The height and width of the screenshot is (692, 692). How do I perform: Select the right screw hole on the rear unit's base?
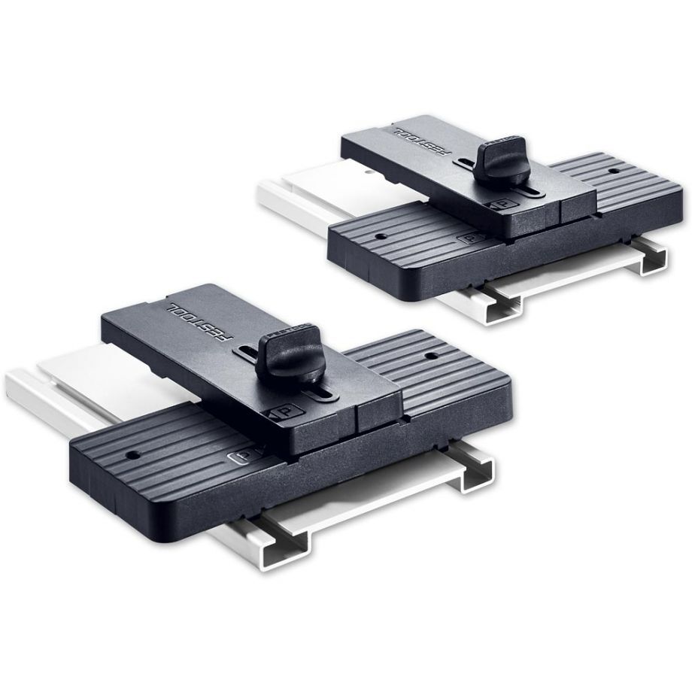pyautogui.click(x=615, y=171)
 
